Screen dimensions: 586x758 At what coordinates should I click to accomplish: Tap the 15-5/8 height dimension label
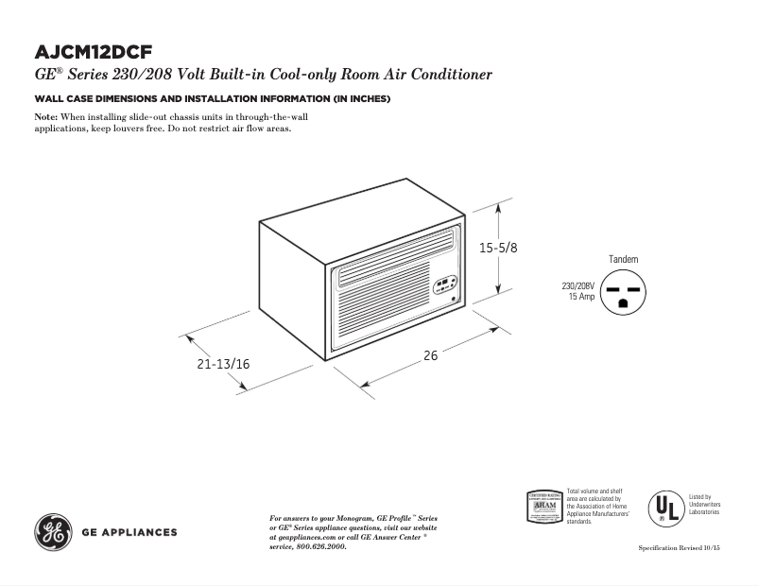[x=498, y=248]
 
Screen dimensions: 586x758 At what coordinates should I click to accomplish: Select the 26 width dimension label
[x=430, y=356]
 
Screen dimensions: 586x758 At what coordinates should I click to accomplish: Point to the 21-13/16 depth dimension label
[x=223, y=363]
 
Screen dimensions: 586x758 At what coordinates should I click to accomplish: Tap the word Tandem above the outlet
[x=624, y=259]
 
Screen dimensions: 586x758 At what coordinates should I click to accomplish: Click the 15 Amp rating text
[x=581, y=297]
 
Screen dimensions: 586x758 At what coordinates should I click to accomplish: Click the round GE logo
[x=53, y=532]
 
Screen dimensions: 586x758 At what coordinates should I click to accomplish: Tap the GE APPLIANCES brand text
[x=129, y=532]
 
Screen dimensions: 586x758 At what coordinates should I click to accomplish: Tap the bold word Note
[x=46, y=115]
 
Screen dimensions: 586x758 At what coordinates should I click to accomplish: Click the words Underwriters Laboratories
[x=703, y=508]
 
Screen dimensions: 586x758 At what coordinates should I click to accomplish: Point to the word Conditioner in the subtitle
[x=449, y=75]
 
